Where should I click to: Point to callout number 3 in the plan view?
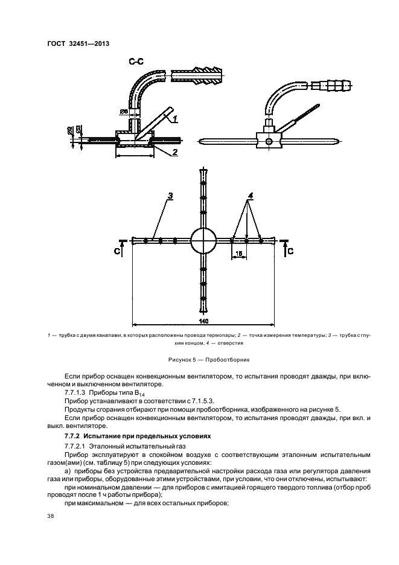click(170, 196)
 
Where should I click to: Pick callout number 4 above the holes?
click(250, 196)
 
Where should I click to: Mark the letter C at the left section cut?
click(116, 250)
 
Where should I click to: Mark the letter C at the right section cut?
click(290, 250)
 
